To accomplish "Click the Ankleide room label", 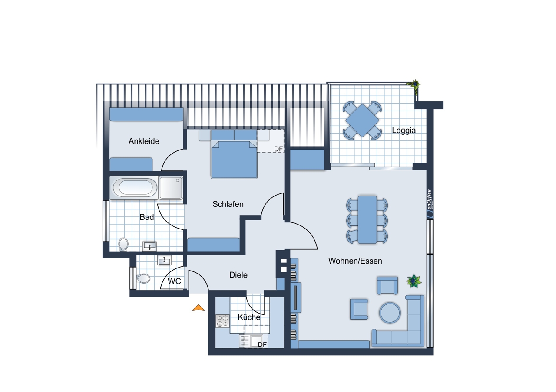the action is (144, 141).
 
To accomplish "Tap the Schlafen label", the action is (228, 204).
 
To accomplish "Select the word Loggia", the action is (404, 131).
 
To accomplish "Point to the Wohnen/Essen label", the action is (355, 261).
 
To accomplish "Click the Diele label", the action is (238, 275).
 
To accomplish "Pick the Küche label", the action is (249, 317).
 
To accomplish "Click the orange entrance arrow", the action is (199, 308).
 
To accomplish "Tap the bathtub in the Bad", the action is (135, 187).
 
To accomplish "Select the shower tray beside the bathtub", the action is (171, 188).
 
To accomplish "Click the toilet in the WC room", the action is (143, 278).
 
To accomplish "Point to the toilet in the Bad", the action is (123, 244).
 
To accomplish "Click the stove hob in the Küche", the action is (222, 321).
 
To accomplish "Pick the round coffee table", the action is (390, 313).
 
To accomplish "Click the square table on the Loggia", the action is (362, 121).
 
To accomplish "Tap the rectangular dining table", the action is (367, 219).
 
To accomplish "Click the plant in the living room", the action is (414, 281).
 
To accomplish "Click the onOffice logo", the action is (430, 204).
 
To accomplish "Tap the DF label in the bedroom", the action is (278, 149).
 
